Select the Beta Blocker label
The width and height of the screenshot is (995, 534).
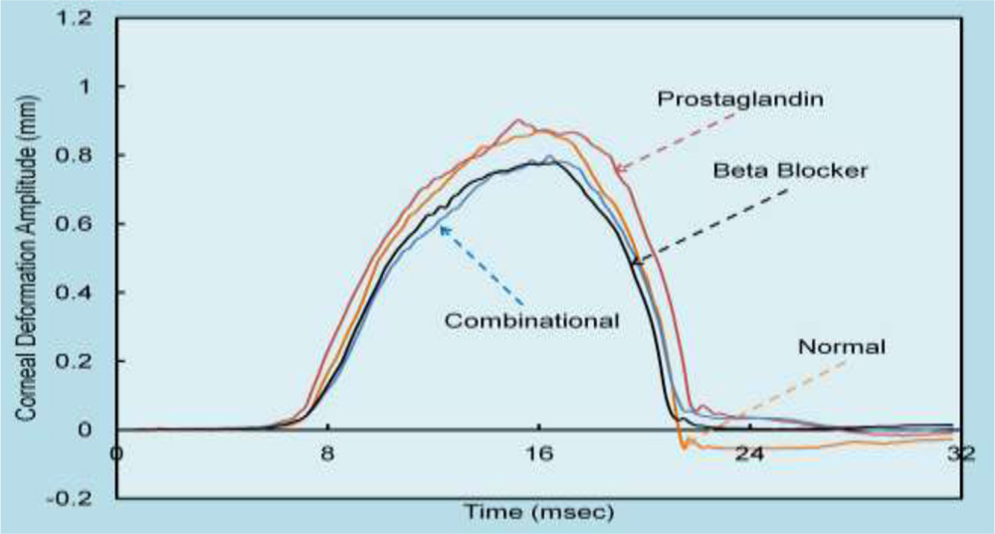(x=791, y=170)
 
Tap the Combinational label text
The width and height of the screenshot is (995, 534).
(x=532, y=320)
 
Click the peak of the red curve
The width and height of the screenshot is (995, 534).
(x=516, y=120)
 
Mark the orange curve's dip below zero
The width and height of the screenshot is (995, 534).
(x=685, y=446)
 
